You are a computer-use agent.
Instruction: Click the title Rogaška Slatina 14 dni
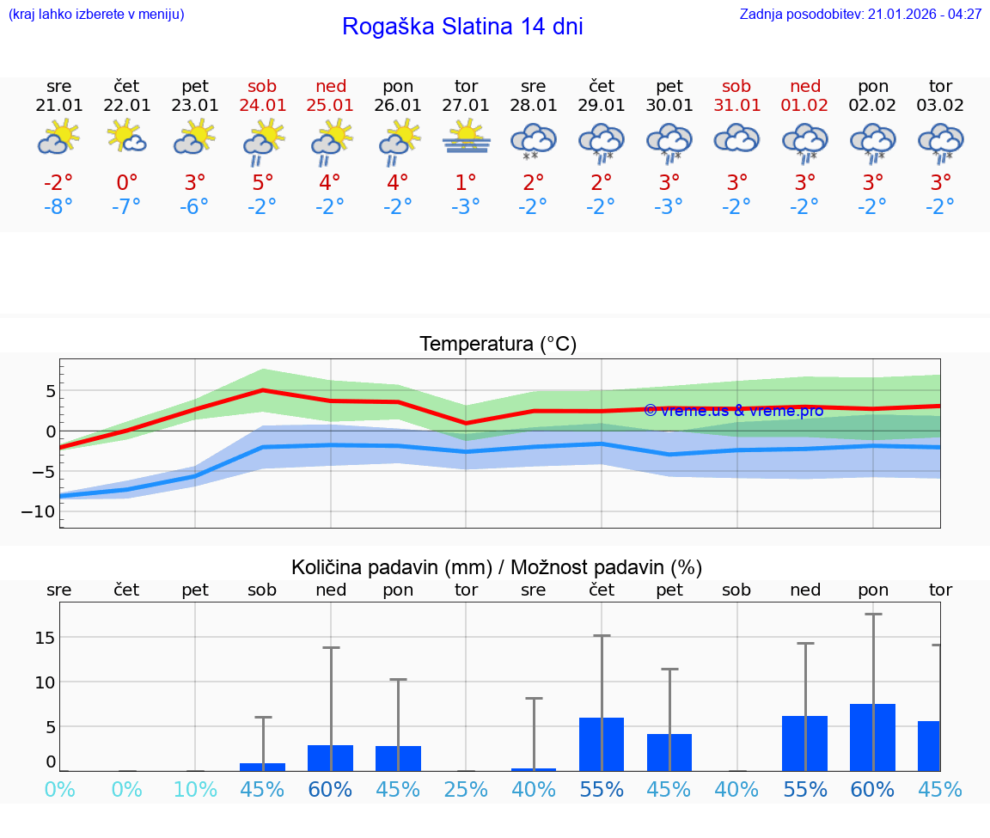tap(462, 27)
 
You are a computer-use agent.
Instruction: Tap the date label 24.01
tap(262, 106)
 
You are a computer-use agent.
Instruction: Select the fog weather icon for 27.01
tap(466, 138)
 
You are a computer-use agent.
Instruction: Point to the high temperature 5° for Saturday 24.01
tap(262, 183)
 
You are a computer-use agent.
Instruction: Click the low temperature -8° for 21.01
tap(58, 207)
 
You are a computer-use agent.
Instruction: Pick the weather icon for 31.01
tap(736, 138)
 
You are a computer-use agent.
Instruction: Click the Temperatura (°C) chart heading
tap(498, 345)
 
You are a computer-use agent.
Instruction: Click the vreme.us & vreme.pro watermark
tap(733, 411)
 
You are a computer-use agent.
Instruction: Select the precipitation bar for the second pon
tap(872, 737)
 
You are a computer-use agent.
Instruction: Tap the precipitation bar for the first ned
tap(330, 758)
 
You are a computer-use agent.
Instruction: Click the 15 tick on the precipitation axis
tap(45, 637)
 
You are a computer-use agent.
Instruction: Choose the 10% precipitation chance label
tap(195, 789)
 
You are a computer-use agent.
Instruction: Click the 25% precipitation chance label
tap(466, 789)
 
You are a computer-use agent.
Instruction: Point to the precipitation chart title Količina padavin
tap(497, 567)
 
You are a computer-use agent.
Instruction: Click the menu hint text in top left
tap(95, 15)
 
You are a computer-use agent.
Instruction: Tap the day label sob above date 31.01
tap(736, 86)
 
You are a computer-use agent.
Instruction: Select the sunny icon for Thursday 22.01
tap(126, 137)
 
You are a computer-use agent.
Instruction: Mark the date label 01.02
tap(805, 106)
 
